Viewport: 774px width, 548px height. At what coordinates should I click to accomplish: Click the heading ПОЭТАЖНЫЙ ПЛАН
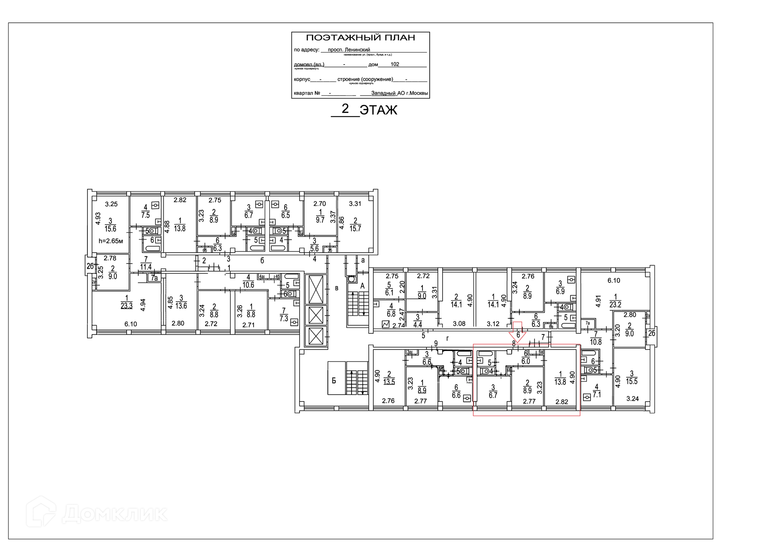tap(360, 38)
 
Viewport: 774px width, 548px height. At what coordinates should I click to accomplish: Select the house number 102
tap(395, 64)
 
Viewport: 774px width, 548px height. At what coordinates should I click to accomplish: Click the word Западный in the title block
tap(383, 93)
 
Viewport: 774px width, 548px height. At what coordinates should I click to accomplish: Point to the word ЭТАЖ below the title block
tap(378, 110)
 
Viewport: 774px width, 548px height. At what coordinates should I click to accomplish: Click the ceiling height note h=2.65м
tap(110, 241)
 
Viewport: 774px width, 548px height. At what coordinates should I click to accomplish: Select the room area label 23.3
tap(127, 306)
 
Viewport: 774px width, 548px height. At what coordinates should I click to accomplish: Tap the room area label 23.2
tap(615, 305)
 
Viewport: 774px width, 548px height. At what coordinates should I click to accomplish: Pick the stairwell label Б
tap(334, 381)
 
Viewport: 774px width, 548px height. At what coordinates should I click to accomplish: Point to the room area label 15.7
tap(355, 228)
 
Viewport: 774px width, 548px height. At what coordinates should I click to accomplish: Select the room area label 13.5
tap(389, 382)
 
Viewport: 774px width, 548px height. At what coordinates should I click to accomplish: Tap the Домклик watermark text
tap(114, 514)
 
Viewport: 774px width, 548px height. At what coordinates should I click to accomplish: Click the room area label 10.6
tap(248, 285)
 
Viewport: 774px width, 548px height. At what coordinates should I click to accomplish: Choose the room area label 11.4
tap(146, 267)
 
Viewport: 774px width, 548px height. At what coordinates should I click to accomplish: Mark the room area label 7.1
tap(597, 394)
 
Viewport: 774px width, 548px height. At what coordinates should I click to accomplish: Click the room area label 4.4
tap(418, 324)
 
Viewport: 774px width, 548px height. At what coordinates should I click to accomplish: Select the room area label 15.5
tap(632, 381)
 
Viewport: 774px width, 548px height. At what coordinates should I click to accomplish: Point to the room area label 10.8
tap(595, 342)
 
